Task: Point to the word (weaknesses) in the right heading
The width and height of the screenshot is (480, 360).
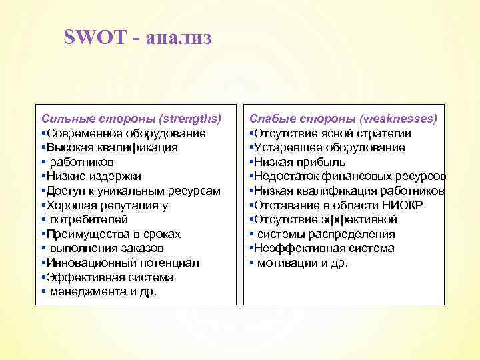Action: (398, 119)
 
